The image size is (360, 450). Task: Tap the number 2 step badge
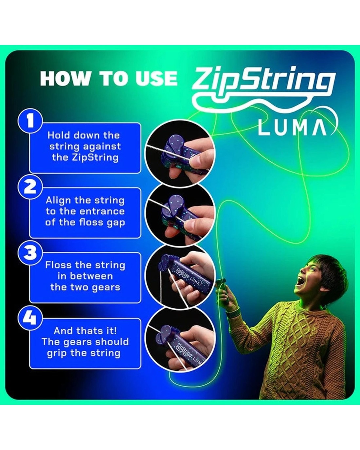30,187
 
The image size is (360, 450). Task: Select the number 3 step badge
30,252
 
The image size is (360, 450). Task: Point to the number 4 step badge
30,318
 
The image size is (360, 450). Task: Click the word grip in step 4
57,353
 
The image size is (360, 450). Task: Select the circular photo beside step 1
180,153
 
